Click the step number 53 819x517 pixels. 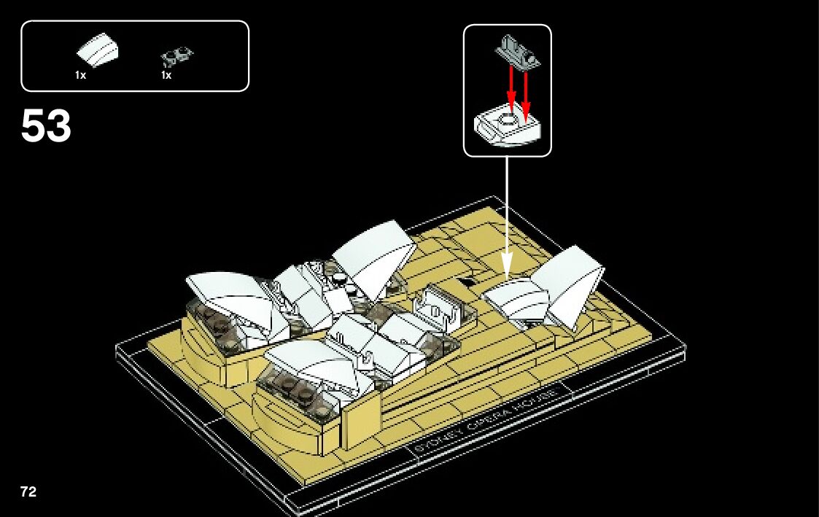tap(46, 127)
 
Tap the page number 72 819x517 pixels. tap(28, 492)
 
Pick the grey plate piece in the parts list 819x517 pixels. tap(177, 55)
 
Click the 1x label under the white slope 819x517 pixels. tap(80, 74)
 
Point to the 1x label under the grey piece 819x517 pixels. tap(166, 74)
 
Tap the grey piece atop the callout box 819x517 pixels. tap(517, 51)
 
